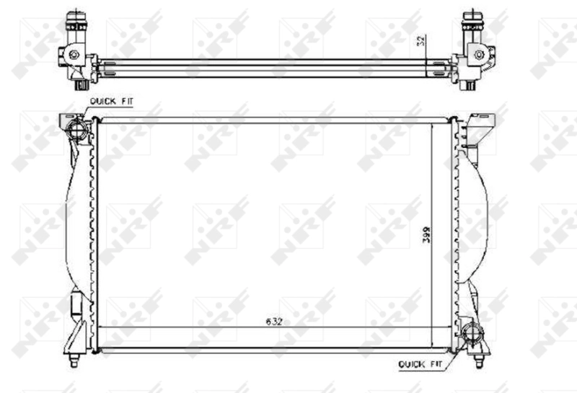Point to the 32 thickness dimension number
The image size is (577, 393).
(x=420, y=41)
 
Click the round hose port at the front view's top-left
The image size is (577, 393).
(x=76, y=130)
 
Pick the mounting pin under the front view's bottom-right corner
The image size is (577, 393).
(x=480, y=358)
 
